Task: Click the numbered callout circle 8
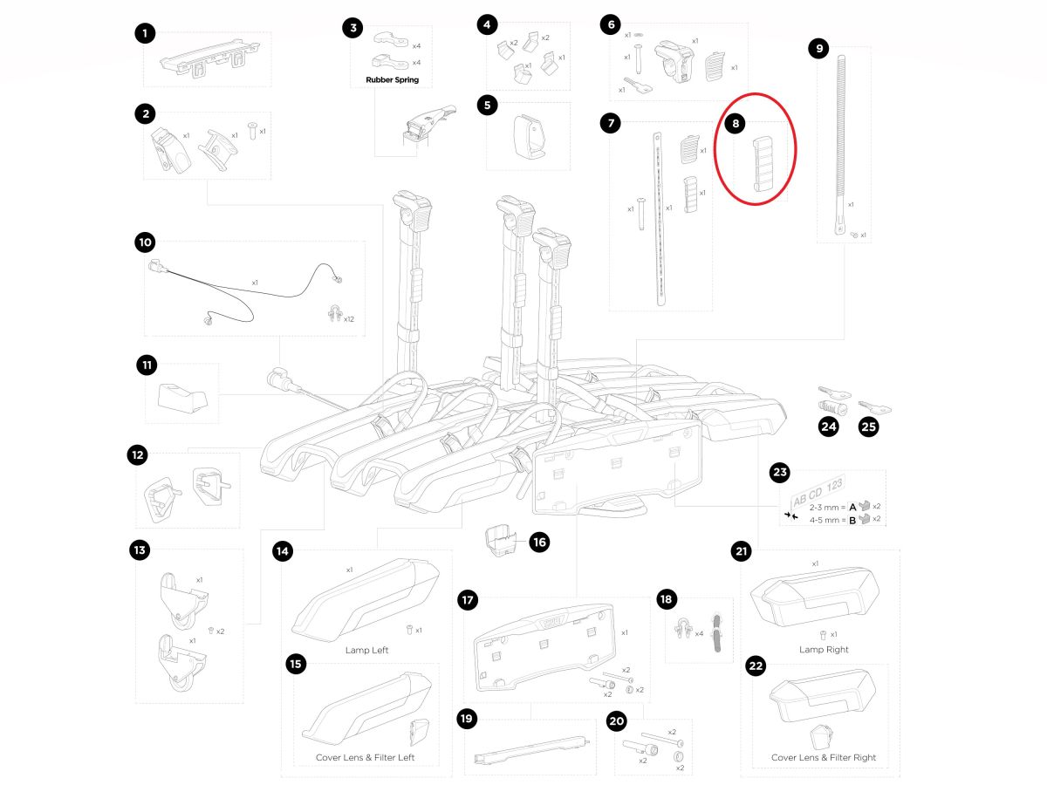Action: (x=736, y=125)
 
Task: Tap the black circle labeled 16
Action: (x=538, y=543)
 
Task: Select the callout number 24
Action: (x=828, y=427)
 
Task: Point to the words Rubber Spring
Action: (x=386, y=80)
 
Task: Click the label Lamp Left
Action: (x=367, y=651)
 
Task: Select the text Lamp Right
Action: (x=824, y=650)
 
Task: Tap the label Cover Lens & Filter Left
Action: (x=365, y=758)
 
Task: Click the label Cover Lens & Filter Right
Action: (x=824, y=758)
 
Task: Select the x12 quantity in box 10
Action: (x=349, y=319)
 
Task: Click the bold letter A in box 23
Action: (x=852, y=507)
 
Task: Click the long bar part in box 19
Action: (x=530, y=748)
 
